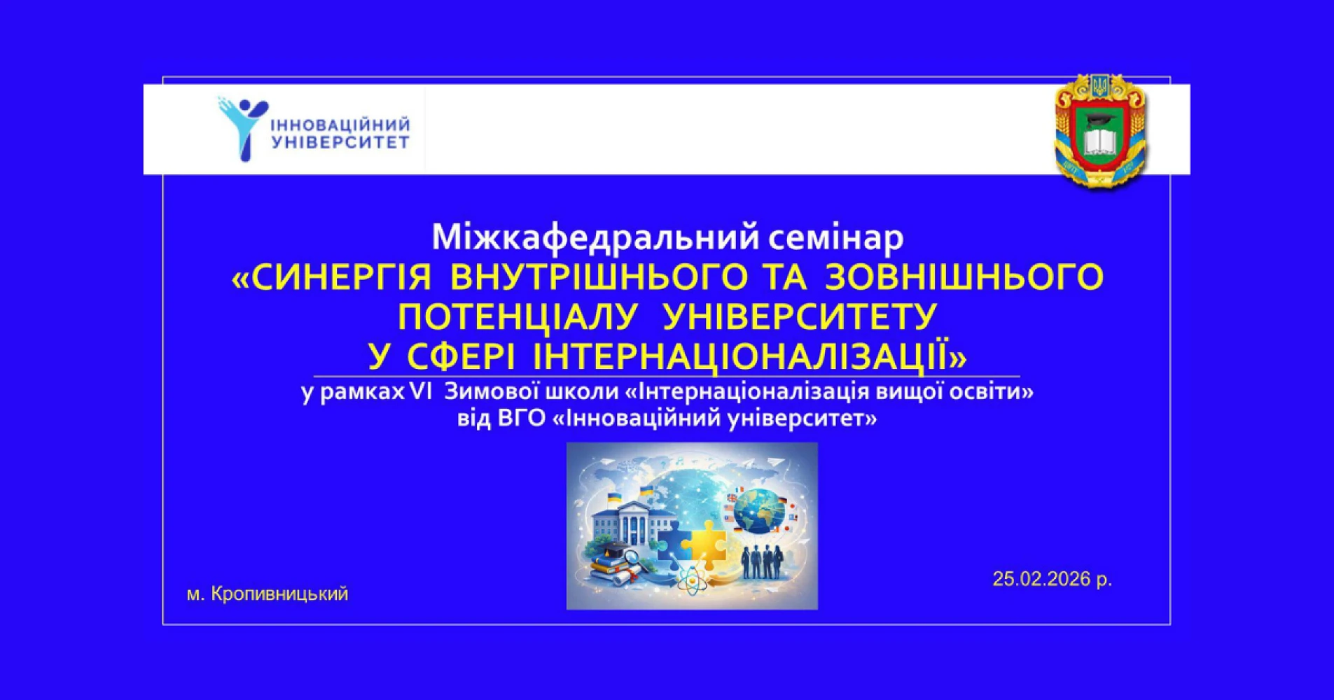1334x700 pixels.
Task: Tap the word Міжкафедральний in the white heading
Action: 595,237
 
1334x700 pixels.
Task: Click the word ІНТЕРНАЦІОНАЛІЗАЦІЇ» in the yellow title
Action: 750,355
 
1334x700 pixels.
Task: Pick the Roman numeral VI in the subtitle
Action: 421,391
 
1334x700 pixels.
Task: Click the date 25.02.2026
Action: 1041,579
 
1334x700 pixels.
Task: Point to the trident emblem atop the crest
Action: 1101,86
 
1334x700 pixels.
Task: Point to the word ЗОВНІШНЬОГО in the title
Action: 965,277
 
